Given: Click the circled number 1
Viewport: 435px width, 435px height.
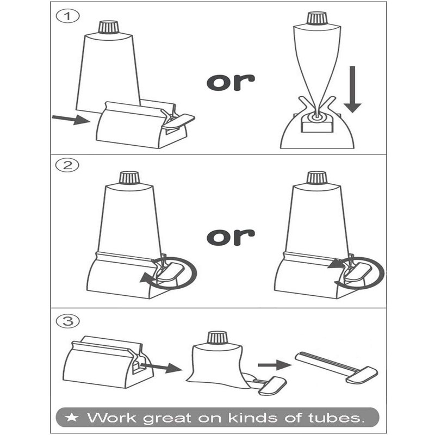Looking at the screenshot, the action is (67, 16).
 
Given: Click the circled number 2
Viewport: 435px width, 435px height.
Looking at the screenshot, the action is (67, 165).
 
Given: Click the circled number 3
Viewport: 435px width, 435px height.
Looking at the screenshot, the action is (67, 321).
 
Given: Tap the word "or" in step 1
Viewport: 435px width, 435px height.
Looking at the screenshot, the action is (231, 82).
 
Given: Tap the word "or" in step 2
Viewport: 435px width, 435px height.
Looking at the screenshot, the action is (231, 237).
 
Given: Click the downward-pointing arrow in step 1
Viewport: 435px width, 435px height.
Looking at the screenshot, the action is (352, 89).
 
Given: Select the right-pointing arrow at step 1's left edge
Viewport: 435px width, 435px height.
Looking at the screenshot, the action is (71, 119).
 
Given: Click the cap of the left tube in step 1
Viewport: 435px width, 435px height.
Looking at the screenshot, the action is (109, 27).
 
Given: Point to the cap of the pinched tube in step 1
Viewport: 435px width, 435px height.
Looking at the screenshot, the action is (317, 18).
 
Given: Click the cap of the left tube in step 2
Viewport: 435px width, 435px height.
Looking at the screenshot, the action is (129, 178).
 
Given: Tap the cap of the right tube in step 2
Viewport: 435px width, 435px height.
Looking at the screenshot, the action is (317, 178).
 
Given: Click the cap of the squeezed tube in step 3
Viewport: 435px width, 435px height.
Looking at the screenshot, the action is (218, 338).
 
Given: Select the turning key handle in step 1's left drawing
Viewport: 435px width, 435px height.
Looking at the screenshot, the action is (179, 121).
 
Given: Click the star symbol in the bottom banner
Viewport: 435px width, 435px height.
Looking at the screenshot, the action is (72, 418).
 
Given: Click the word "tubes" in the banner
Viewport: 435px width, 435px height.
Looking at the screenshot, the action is (336, 418).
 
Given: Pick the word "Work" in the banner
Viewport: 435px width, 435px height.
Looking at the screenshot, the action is (112, 418).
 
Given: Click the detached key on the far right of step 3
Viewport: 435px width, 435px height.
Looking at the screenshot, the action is (336, 368).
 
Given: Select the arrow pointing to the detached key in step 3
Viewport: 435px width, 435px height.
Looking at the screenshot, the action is (275, 365).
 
